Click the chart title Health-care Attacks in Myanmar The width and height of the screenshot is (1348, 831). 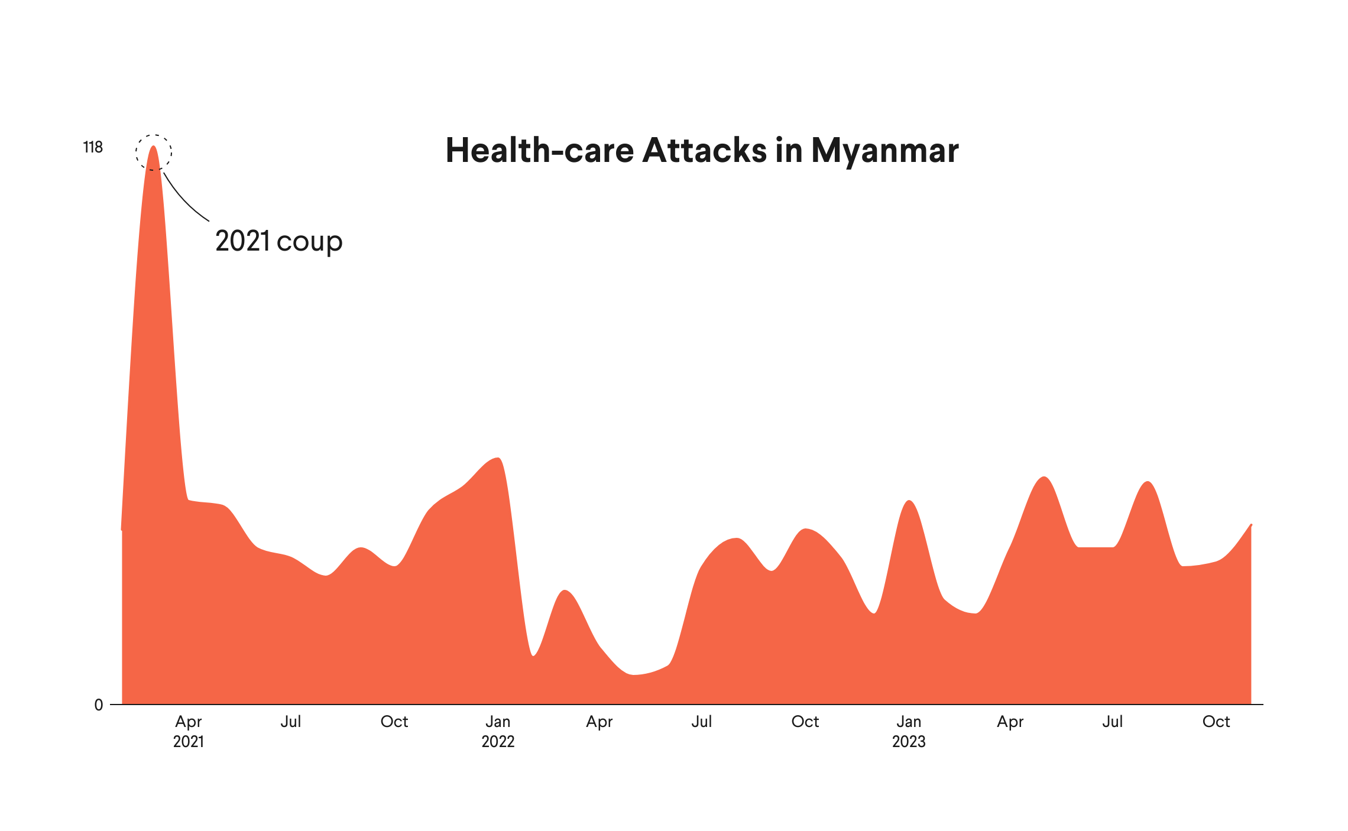point(702,151)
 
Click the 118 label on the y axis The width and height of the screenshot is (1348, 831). point(93,147)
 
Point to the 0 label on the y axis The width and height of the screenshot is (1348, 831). point(99,705)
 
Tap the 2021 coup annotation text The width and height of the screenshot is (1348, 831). point(278,241)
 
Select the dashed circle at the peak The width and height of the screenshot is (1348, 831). point(154,152)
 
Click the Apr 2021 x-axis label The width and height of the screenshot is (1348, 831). point(189,731)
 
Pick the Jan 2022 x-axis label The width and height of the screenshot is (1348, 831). point(498,731)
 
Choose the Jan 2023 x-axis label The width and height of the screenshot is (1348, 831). point(909,731)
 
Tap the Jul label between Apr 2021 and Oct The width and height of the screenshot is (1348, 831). point(291,722)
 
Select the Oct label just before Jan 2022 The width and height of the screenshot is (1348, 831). point(394,722)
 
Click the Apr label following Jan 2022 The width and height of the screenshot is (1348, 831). point(600,722)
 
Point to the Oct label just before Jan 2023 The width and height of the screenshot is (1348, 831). point(805,722)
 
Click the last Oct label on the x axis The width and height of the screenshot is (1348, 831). point(1216,722)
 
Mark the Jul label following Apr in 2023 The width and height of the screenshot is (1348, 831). point(1113,722)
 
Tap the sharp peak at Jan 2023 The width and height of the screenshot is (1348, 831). point(909,501)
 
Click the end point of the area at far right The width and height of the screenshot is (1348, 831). point(1250,525)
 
